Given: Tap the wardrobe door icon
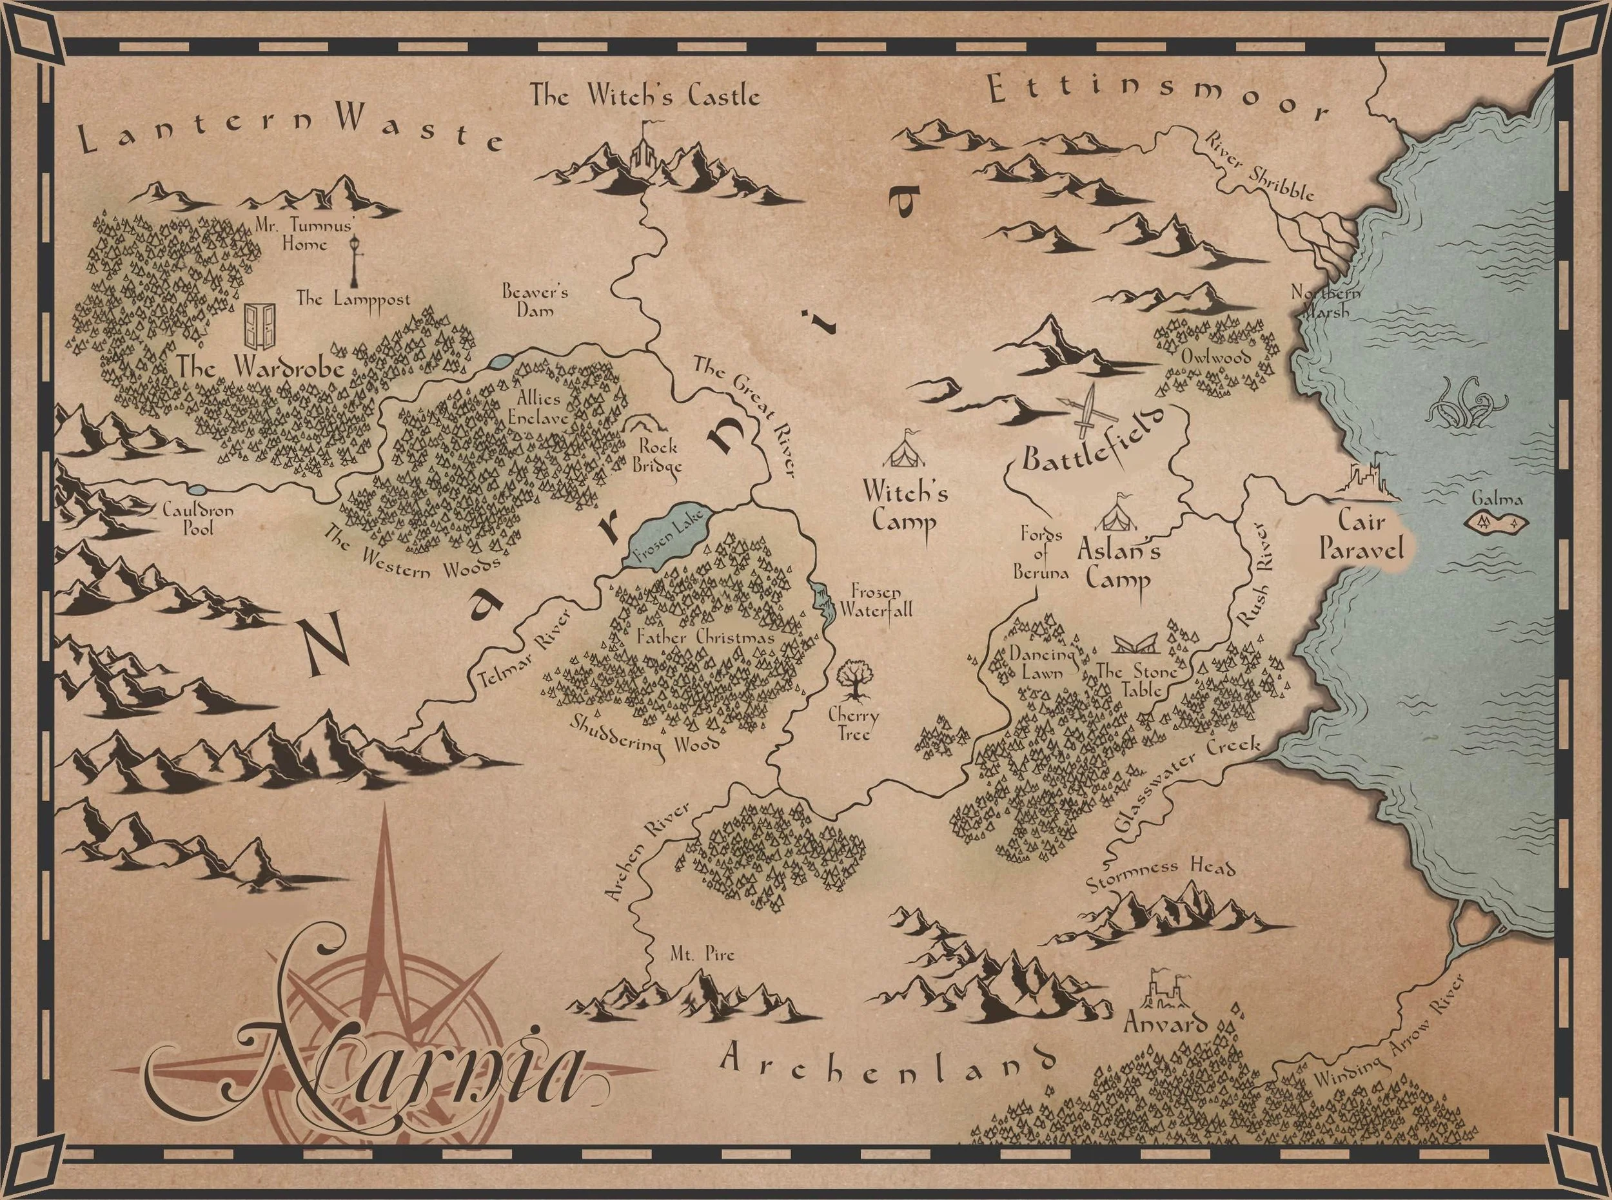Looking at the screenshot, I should [261, 326].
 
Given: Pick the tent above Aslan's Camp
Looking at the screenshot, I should [1116, 514].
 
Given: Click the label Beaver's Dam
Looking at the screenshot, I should [535, 301].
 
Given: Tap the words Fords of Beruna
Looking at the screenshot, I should [1041, 554].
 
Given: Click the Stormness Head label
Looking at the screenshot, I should [1160, 875].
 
